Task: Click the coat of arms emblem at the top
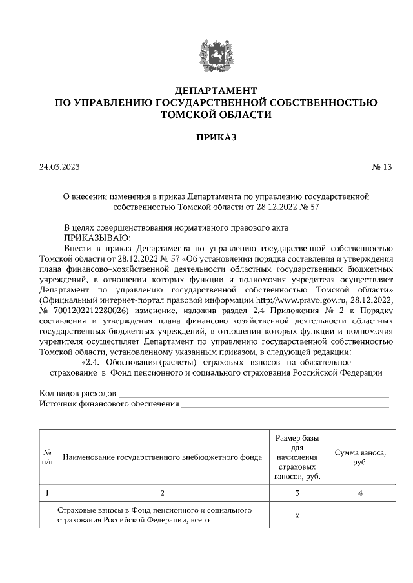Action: point(206,52)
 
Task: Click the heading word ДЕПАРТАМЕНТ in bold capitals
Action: point(206,90)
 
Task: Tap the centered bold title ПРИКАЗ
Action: point(206,138)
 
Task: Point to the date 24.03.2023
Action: point(59,167)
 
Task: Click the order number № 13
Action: point(381,167)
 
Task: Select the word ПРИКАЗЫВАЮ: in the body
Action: point(92,237)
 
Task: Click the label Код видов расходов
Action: point(77,393)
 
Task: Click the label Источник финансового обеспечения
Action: point(109,404)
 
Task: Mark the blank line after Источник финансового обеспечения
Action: point(285,406)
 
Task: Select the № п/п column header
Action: point(47,457)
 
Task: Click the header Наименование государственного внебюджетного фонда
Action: point(163,458)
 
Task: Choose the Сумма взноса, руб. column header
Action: point(360,458)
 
